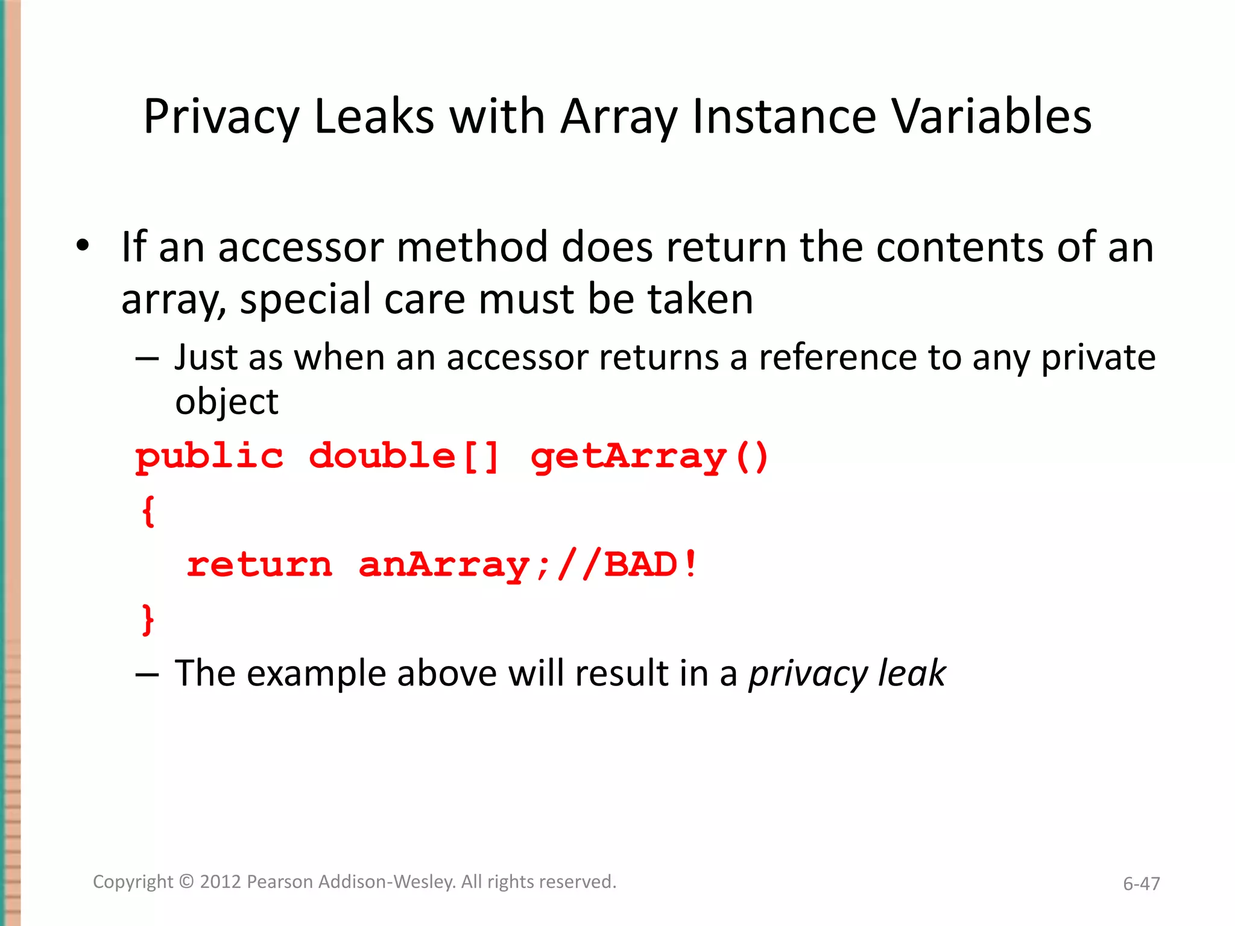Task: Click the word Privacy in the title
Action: (x=221, y=117)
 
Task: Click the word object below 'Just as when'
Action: (x=227, y=402)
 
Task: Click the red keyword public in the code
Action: (x=209, y=456)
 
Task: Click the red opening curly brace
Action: (x=148, y=511)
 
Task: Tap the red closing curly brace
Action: (x=148, y=619)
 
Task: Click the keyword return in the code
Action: (x=259, y=565)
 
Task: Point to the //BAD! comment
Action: (x=627, y=565)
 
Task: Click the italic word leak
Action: (x=912, y=673)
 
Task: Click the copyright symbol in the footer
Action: (x=187, y=882)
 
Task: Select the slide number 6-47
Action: (x=1141, y=884)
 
